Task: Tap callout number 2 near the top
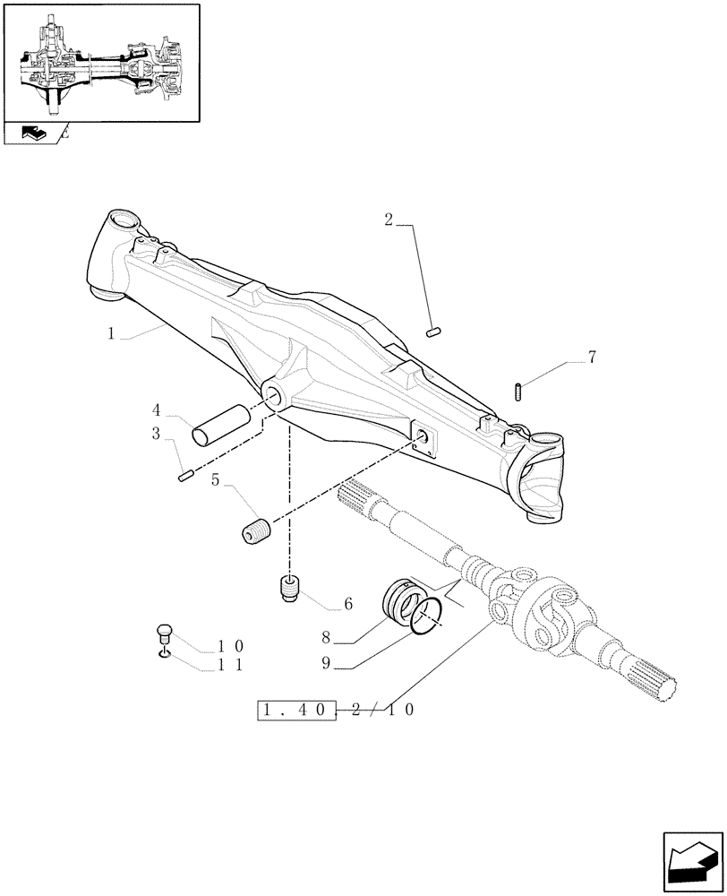point(388,220)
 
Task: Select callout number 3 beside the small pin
point(156,435)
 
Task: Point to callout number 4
point(156,411)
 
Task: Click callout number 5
point(216,480)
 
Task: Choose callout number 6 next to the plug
point(347,605)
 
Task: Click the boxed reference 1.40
point(295,711)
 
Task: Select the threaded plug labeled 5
point(257,530)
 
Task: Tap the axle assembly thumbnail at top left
point(100,63)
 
